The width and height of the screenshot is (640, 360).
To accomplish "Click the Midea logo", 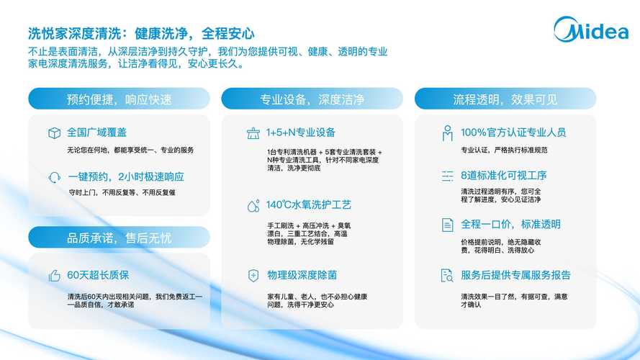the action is (x=591, y=30).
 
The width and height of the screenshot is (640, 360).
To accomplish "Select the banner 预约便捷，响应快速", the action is (x=120, y=99).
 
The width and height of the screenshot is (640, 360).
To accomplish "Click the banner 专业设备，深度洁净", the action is (x=312, y=99).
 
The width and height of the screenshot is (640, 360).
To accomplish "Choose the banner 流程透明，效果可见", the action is (x=505, y=99).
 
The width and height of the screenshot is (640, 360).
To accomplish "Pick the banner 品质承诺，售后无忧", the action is (x=120, y=237).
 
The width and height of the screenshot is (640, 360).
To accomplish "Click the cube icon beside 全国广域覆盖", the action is (x=54, y=133).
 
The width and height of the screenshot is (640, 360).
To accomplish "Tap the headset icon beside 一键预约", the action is (x=54, y=178).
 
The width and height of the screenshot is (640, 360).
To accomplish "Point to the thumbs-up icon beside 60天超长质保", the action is (x=54, y=276).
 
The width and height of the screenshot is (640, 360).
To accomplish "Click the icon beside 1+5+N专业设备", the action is (x=253, y=133).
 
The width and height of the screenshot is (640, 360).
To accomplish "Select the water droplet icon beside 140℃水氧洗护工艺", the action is (x=253, y=206).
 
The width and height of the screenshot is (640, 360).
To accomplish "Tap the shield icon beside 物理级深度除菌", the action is (x=253, y=276).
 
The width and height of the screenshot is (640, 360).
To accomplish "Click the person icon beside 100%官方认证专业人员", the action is (x=447, y=133).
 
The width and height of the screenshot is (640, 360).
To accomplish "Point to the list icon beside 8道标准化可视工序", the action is (x=447, y=176).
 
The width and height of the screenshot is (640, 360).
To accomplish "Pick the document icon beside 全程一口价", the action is (x=447, y=225).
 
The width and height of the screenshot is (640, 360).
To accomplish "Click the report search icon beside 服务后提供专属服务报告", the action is (x=447, y=276).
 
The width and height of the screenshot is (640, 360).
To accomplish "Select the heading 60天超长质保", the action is (x=98, y=275).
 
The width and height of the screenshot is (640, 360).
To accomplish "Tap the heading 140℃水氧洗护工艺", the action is (x=309, y=205).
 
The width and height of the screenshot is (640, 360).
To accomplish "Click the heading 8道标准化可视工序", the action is (x=504, y=176).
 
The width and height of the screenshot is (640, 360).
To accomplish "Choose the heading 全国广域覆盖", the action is (x=96, y=132).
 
